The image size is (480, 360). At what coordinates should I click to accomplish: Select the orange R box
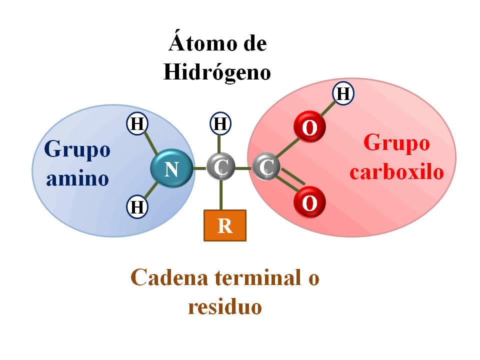225,225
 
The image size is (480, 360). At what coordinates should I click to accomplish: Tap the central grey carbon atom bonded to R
220,167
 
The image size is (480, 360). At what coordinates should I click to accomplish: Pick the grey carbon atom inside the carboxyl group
266,167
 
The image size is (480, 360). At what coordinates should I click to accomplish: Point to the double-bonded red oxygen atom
309,202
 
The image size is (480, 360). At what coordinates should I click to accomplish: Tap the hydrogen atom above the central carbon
220,123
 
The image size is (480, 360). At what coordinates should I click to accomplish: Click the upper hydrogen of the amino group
136,123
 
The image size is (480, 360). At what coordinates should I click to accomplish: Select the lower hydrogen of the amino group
136,206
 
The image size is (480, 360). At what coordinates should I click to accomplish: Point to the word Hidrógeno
217,72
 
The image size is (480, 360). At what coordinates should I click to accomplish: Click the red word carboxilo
396,172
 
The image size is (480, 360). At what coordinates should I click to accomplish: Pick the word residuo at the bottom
225,306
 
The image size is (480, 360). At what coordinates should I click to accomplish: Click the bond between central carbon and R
220,195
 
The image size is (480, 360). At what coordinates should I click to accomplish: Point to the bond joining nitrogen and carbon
200,168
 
